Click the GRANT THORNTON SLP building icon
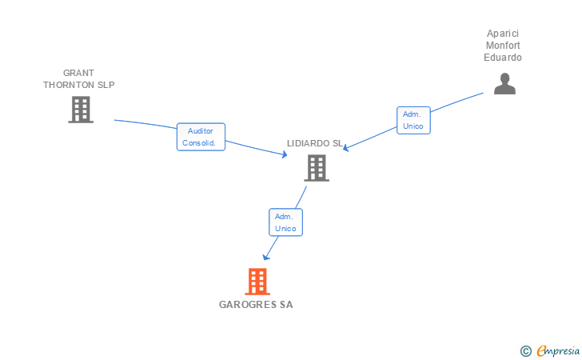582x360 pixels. [81, 110]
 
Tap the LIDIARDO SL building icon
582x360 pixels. [317, 168]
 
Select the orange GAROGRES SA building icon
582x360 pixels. [257, 282]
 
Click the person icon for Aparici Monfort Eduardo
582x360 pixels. [504, 83]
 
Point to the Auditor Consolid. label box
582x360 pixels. [201, 137]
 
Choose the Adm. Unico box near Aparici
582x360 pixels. [413, 120]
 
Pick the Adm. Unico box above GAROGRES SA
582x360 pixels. [285, 222]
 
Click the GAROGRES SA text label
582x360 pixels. [256, 305]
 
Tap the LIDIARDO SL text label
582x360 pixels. [315, 143]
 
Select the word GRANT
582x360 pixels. [79, 73]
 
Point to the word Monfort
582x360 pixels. [503, 46]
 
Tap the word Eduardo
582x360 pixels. [503, 58]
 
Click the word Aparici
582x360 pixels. [503, 34]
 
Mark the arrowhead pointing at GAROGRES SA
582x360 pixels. [266, 257]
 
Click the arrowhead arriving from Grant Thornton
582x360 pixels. [284, 155]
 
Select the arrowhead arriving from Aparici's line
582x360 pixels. [347, 147]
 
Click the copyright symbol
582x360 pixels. [525, 350]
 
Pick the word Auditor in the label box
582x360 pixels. [201, 131]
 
